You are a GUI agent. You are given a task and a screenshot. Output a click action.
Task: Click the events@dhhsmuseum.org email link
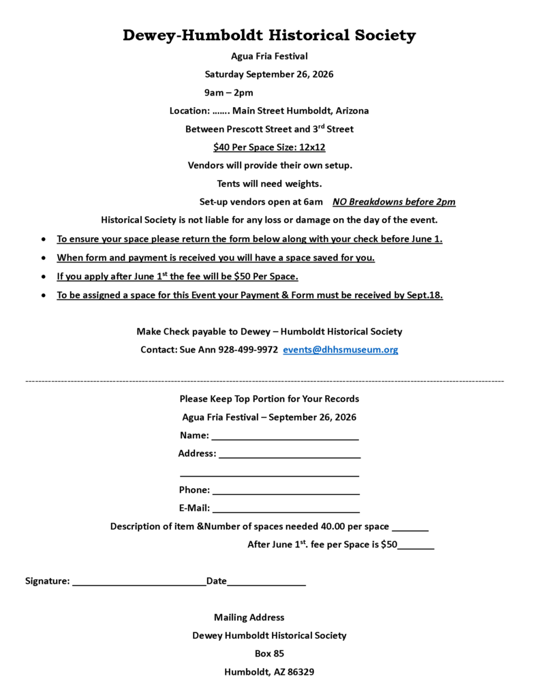tap(340, 350)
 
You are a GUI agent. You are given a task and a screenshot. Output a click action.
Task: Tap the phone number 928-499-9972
tap(248, 350)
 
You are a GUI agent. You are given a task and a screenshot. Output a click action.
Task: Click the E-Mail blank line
tap(286, 511)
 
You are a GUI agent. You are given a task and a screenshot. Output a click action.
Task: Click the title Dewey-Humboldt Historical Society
tap(269, 35)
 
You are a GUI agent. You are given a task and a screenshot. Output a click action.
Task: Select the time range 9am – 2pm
tap(229, 93)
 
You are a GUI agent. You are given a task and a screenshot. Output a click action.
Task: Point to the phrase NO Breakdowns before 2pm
tap(394, 202)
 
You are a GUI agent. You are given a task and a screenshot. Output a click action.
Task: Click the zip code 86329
tap(301, 672)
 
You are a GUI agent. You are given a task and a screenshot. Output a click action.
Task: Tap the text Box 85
tap(269, 654)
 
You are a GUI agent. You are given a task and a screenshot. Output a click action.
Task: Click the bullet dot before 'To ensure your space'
tap(44, 240)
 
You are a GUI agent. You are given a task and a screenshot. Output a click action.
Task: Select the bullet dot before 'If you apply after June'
tap(44, 277)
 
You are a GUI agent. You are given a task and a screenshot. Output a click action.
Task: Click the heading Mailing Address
tap(249, 618)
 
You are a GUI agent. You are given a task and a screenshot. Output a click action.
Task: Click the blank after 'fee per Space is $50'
tap(416, 547)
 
